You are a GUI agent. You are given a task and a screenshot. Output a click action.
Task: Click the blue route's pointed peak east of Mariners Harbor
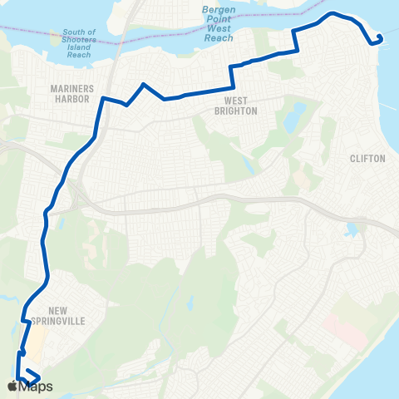[x=145, y=84]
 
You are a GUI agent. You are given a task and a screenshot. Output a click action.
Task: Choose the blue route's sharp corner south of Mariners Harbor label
[x=103, y=99]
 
